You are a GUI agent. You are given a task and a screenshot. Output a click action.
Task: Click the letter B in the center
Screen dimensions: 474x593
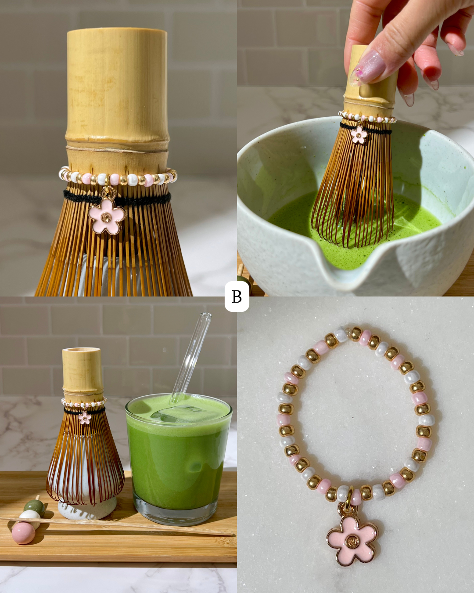pyautogui.click(x=237, y=296)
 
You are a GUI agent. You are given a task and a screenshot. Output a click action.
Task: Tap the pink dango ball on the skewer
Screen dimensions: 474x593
pyautogui.click(x=23, y=533)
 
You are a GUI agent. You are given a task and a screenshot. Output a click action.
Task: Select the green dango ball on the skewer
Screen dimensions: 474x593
pyautogui.click(x=34, y=506)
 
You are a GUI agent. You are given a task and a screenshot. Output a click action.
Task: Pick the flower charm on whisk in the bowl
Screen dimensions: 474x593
pyautogui.click(x=359, y=135)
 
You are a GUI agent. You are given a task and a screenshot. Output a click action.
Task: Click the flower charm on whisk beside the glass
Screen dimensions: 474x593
pyautogui.click(x=85, y=418)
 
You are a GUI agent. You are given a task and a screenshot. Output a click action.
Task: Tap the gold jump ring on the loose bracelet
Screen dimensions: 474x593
pyautogui.click(x=349, y=496)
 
